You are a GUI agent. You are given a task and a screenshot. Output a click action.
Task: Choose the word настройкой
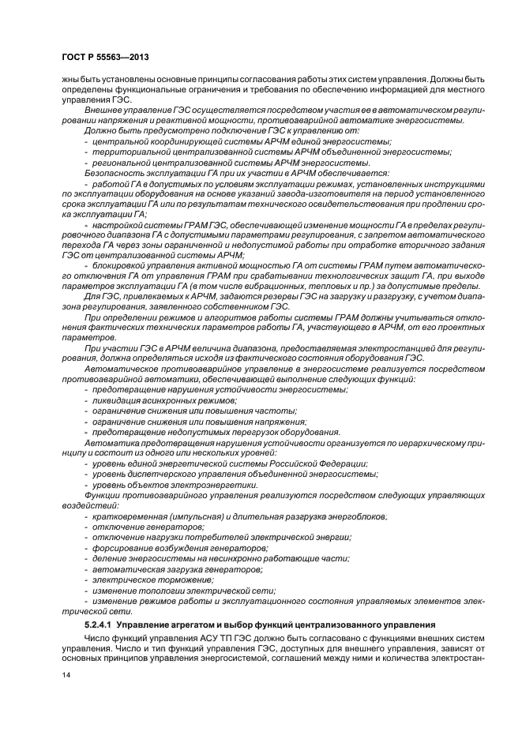(118, 223)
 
